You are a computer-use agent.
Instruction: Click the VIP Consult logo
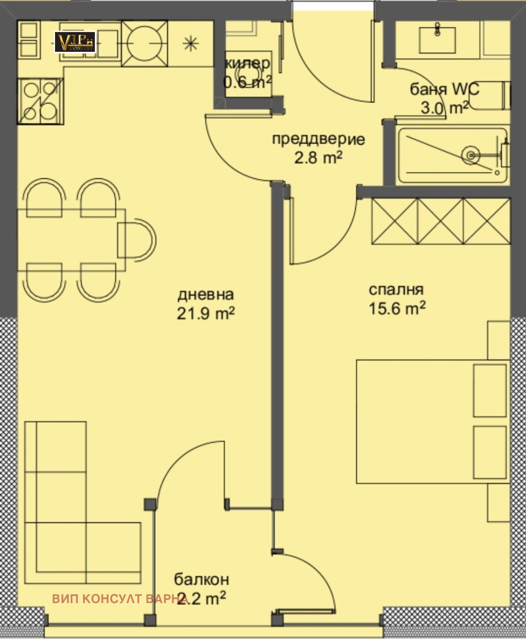point(75,42)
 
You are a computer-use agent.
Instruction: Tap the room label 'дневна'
point(205,295)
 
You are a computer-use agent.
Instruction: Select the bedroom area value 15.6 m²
point(397,308)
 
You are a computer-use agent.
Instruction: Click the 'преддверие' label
point(318,139)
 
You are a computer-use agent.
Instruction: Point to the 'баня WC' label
point(445,89)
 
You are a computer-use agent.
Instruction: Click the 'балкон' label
point(201,579)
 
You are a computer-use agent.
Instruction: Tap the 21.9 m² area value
point(205,313)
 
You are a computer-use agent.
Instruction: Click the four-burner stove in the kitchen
point(40,101)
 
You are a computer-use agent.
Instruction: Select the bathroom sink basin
point(437,40)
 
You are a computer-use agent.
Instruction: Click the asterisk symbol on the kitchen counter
point(191,44)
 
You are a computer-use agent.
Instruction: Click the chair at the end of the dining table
point(137,239)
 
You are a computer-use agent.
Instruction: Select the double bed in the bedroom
point(433,421)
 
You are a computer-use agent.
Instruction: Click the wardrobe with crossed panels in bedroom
point(441,221)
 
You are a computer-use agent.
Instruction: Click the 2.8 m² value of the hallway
point(318,158)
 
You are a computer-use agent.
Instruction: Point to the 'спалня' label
point(396,290)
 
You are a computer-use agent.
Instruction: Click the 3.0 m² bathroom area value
point(445,108)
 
